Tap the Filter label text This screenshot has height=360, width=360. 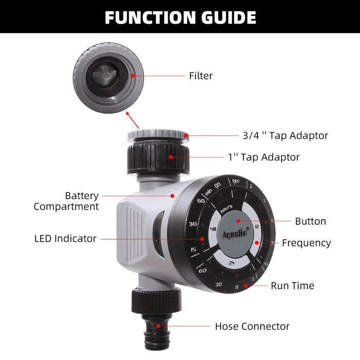pyautogui.click(x=201, y=76)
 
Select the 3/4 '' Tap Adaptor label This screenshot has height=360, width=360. pyautogui.click(x=285, y=136)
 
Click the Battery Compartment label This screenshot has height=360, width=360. pyautogui.click(x=66, y=201)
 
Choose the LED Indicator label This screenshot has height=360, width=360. pyautogui.click(x=65, y=239)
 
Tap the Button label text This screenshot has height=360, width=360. pyautogui.click(x=310, y=222)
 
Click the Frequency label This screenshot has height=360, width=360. pyautogui.click(x=306, y=243)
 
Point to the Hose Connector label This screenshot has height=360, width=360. pyautogui.click(x=252, y=326)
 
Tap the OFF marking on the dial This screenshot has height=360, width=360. pyautogui.click(x=236, y=182)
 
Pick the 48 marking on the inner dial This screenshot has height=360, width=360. pyautogui.click(x=212, y=230)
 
